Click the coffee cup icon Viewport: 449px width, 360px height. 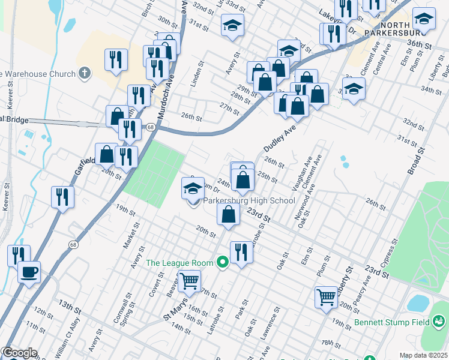pyautogui.click(x=29, y=273)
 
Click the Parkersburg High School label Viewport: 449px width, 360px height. pyautogui.click(x=250, y=201)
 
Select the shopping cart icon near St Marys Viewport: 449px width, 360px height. pyautogui.click(x=189, y=280)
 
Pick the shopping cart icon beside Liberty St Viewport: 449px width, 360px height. pyautogui.click(x=326, y=296)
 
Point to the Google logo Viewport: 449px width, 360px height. pyautogui.click(x=19, y=353)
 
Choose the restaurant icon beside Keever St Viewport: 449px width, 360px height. pyautogui.click(x=62, y=196)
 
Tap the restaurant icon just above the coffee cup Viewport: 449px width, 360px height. pyautogui.click(x=18, y=255)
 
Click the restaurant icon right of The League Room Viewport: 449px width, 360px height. pyautogui.click(x=241, y=251)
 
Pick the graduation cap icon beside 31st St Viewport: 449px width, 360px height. pyautogui.click(x=232, y=25)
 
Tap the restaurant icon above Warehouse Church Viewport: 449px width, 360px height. pyautogui.click(x=115, y=59)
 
